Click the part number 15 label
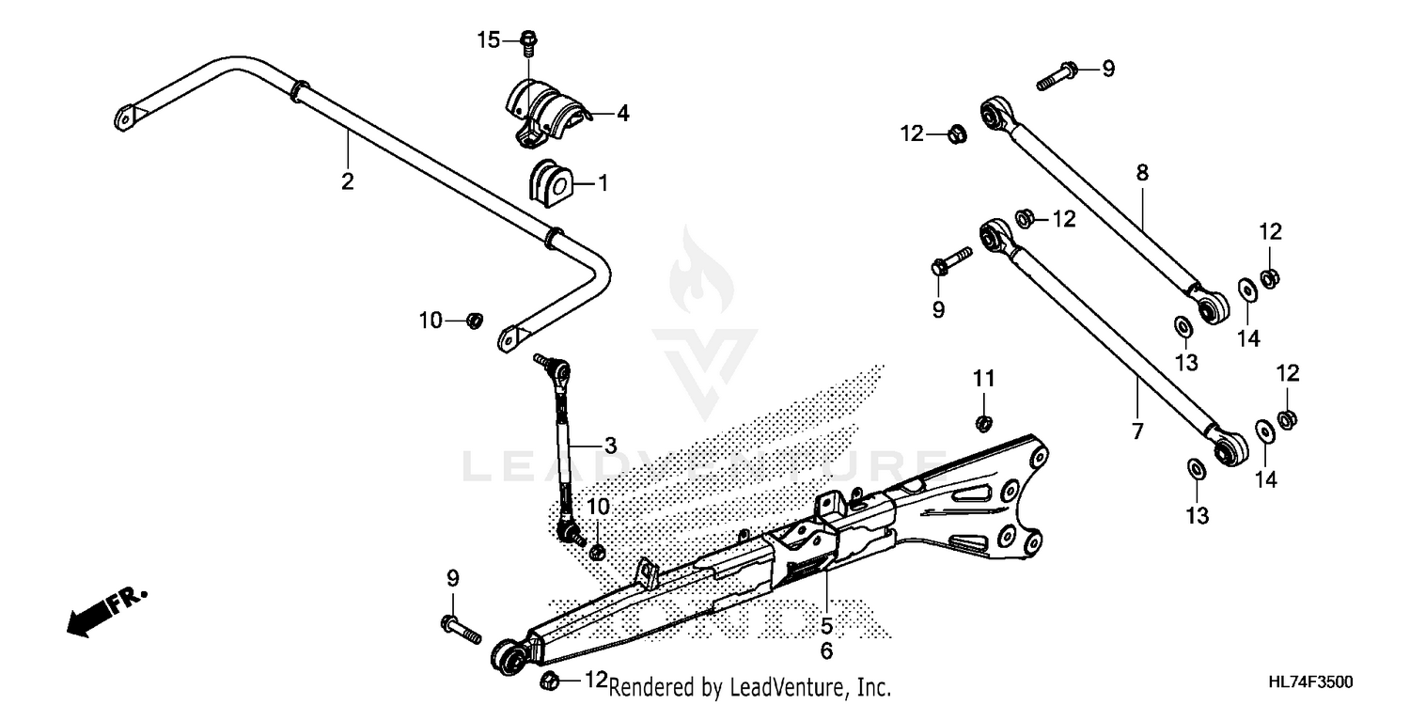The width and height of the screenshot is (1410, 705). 489,39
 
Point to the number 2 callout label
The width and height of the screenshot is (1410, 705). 348,181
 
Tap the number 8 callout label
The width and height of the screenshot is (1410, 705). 1142,172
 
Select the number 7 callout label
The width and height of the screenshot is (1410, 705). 1137,432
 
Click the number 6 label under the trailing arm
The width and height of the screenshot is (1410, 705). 826,650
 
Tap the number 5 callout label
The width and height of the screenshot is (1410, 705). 826,625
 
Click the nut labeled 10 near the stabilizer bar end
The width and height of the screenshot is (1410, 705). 475,321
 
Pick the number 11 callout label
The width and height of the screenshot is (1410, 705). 983,378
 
